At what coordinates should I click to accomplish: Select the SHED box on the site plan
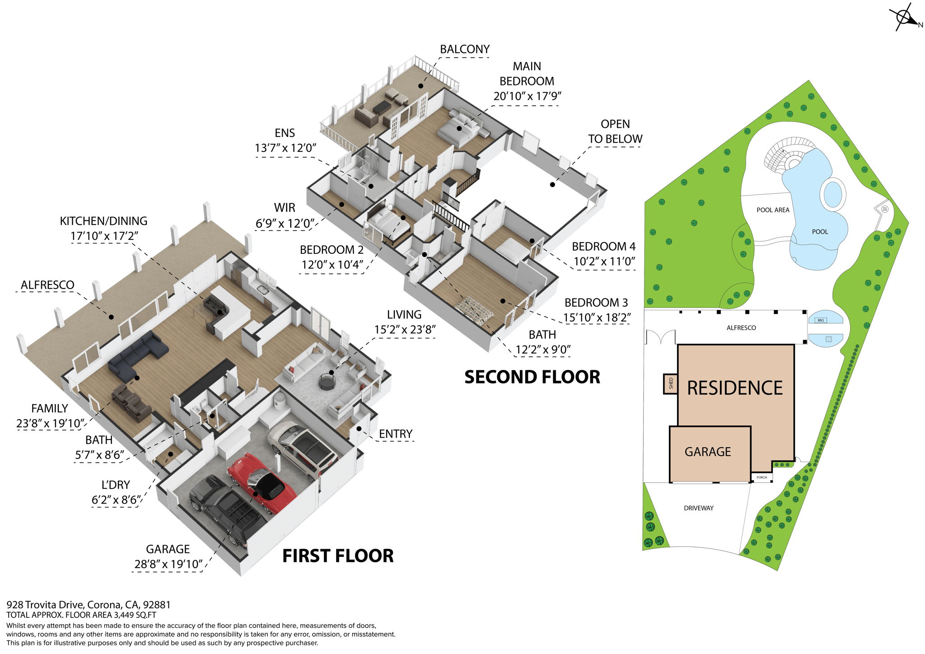(x=671, y=383)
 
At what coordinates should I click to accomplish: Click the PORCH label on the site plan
(x=761, y=477)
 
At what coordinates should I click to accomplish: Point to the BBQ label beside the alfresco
(x=821, y=320)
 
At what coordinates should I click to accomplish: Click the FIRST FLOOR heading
(x=338, y=556)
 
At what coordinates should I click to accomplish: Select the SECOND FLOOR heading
(x=532, y=377)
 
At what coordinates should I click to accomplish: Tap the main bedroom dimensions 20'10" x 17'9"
(x=527, y=96)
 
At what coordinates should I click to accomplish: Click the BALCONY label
(x=465, y=49)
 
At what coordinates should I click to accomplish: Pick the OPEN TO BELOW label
(x=615, y=131)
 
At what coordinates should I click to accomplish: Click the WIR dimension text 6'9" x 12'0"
(x=285, y=223)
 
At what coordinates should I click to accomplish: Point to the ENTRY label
(x=396, y=434)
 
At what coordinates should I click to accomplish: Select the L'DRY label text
(x=116, y=485)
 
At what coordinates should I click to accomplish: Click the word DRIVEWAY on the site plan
(x=699, y=508)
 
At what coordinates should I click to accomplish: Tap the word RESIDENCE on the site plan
(x=735, y=388)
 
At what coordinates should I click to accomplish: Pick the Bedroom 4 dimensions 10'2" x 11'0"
(x=604, y=262)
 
